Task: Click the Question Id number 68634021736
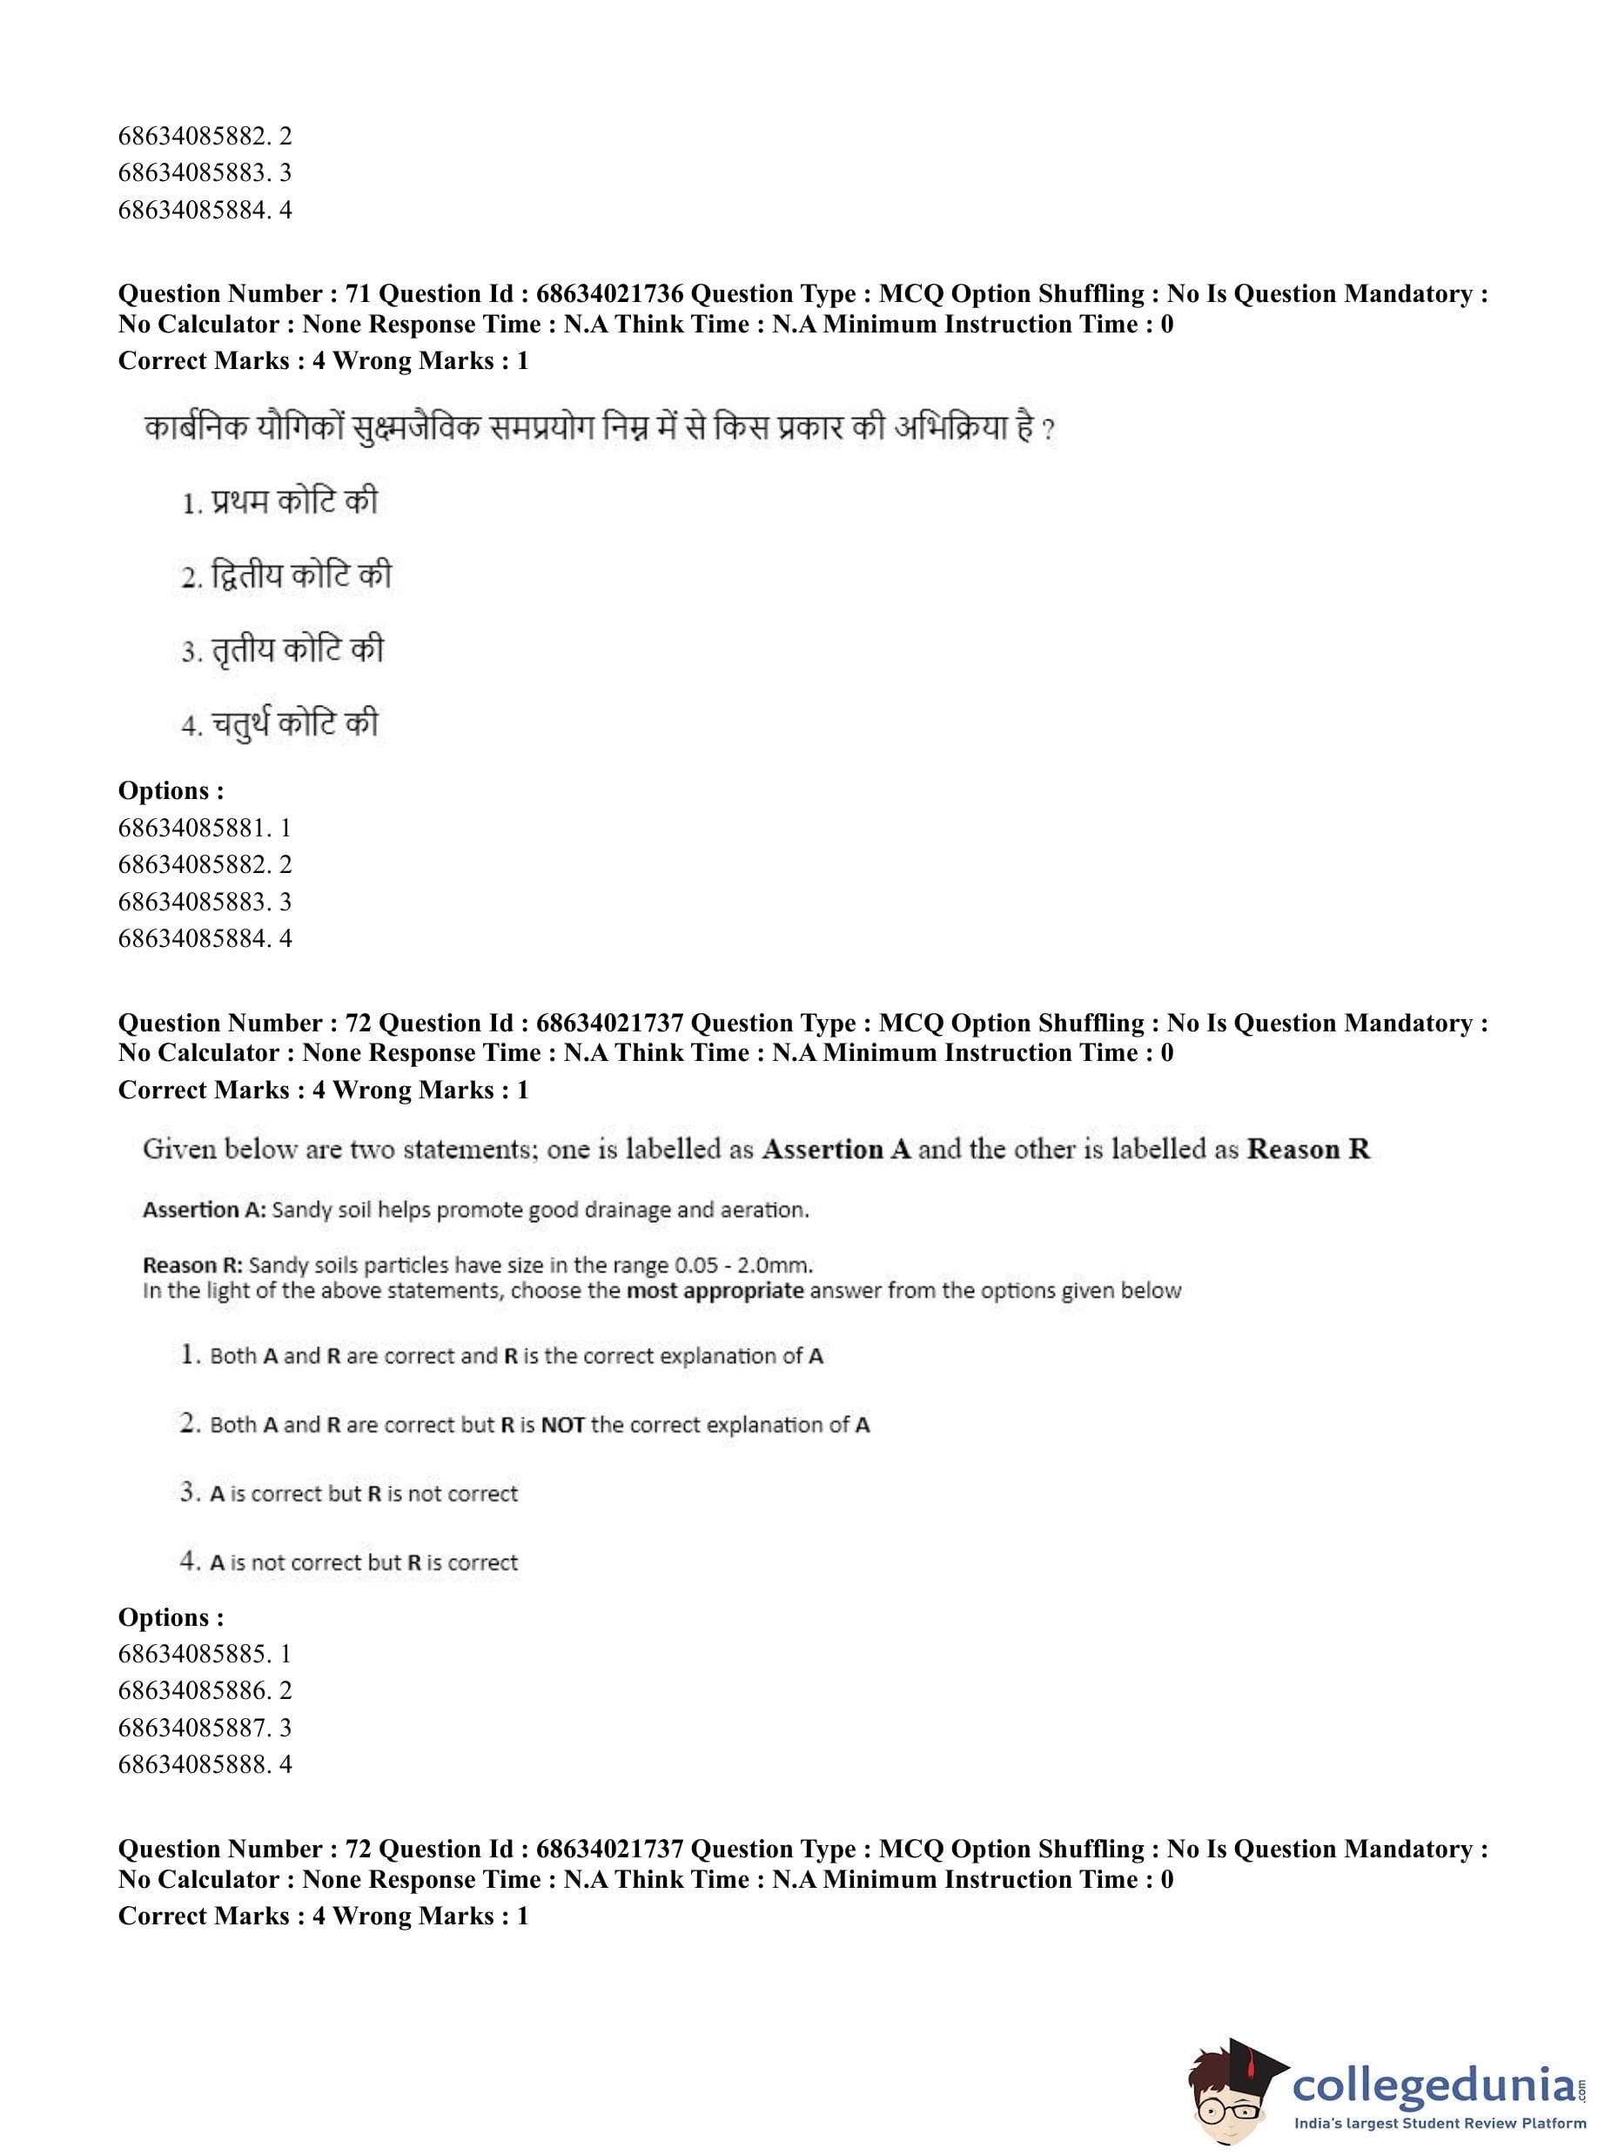[609, 294]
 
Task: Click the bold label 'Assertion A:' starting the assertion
[205, 1210]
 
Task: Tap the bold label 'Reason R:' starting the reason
[192, 1265]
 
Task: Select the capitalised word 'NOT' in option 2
[562, 1425]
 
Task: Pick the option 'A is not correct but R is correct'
[363, 1562]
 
